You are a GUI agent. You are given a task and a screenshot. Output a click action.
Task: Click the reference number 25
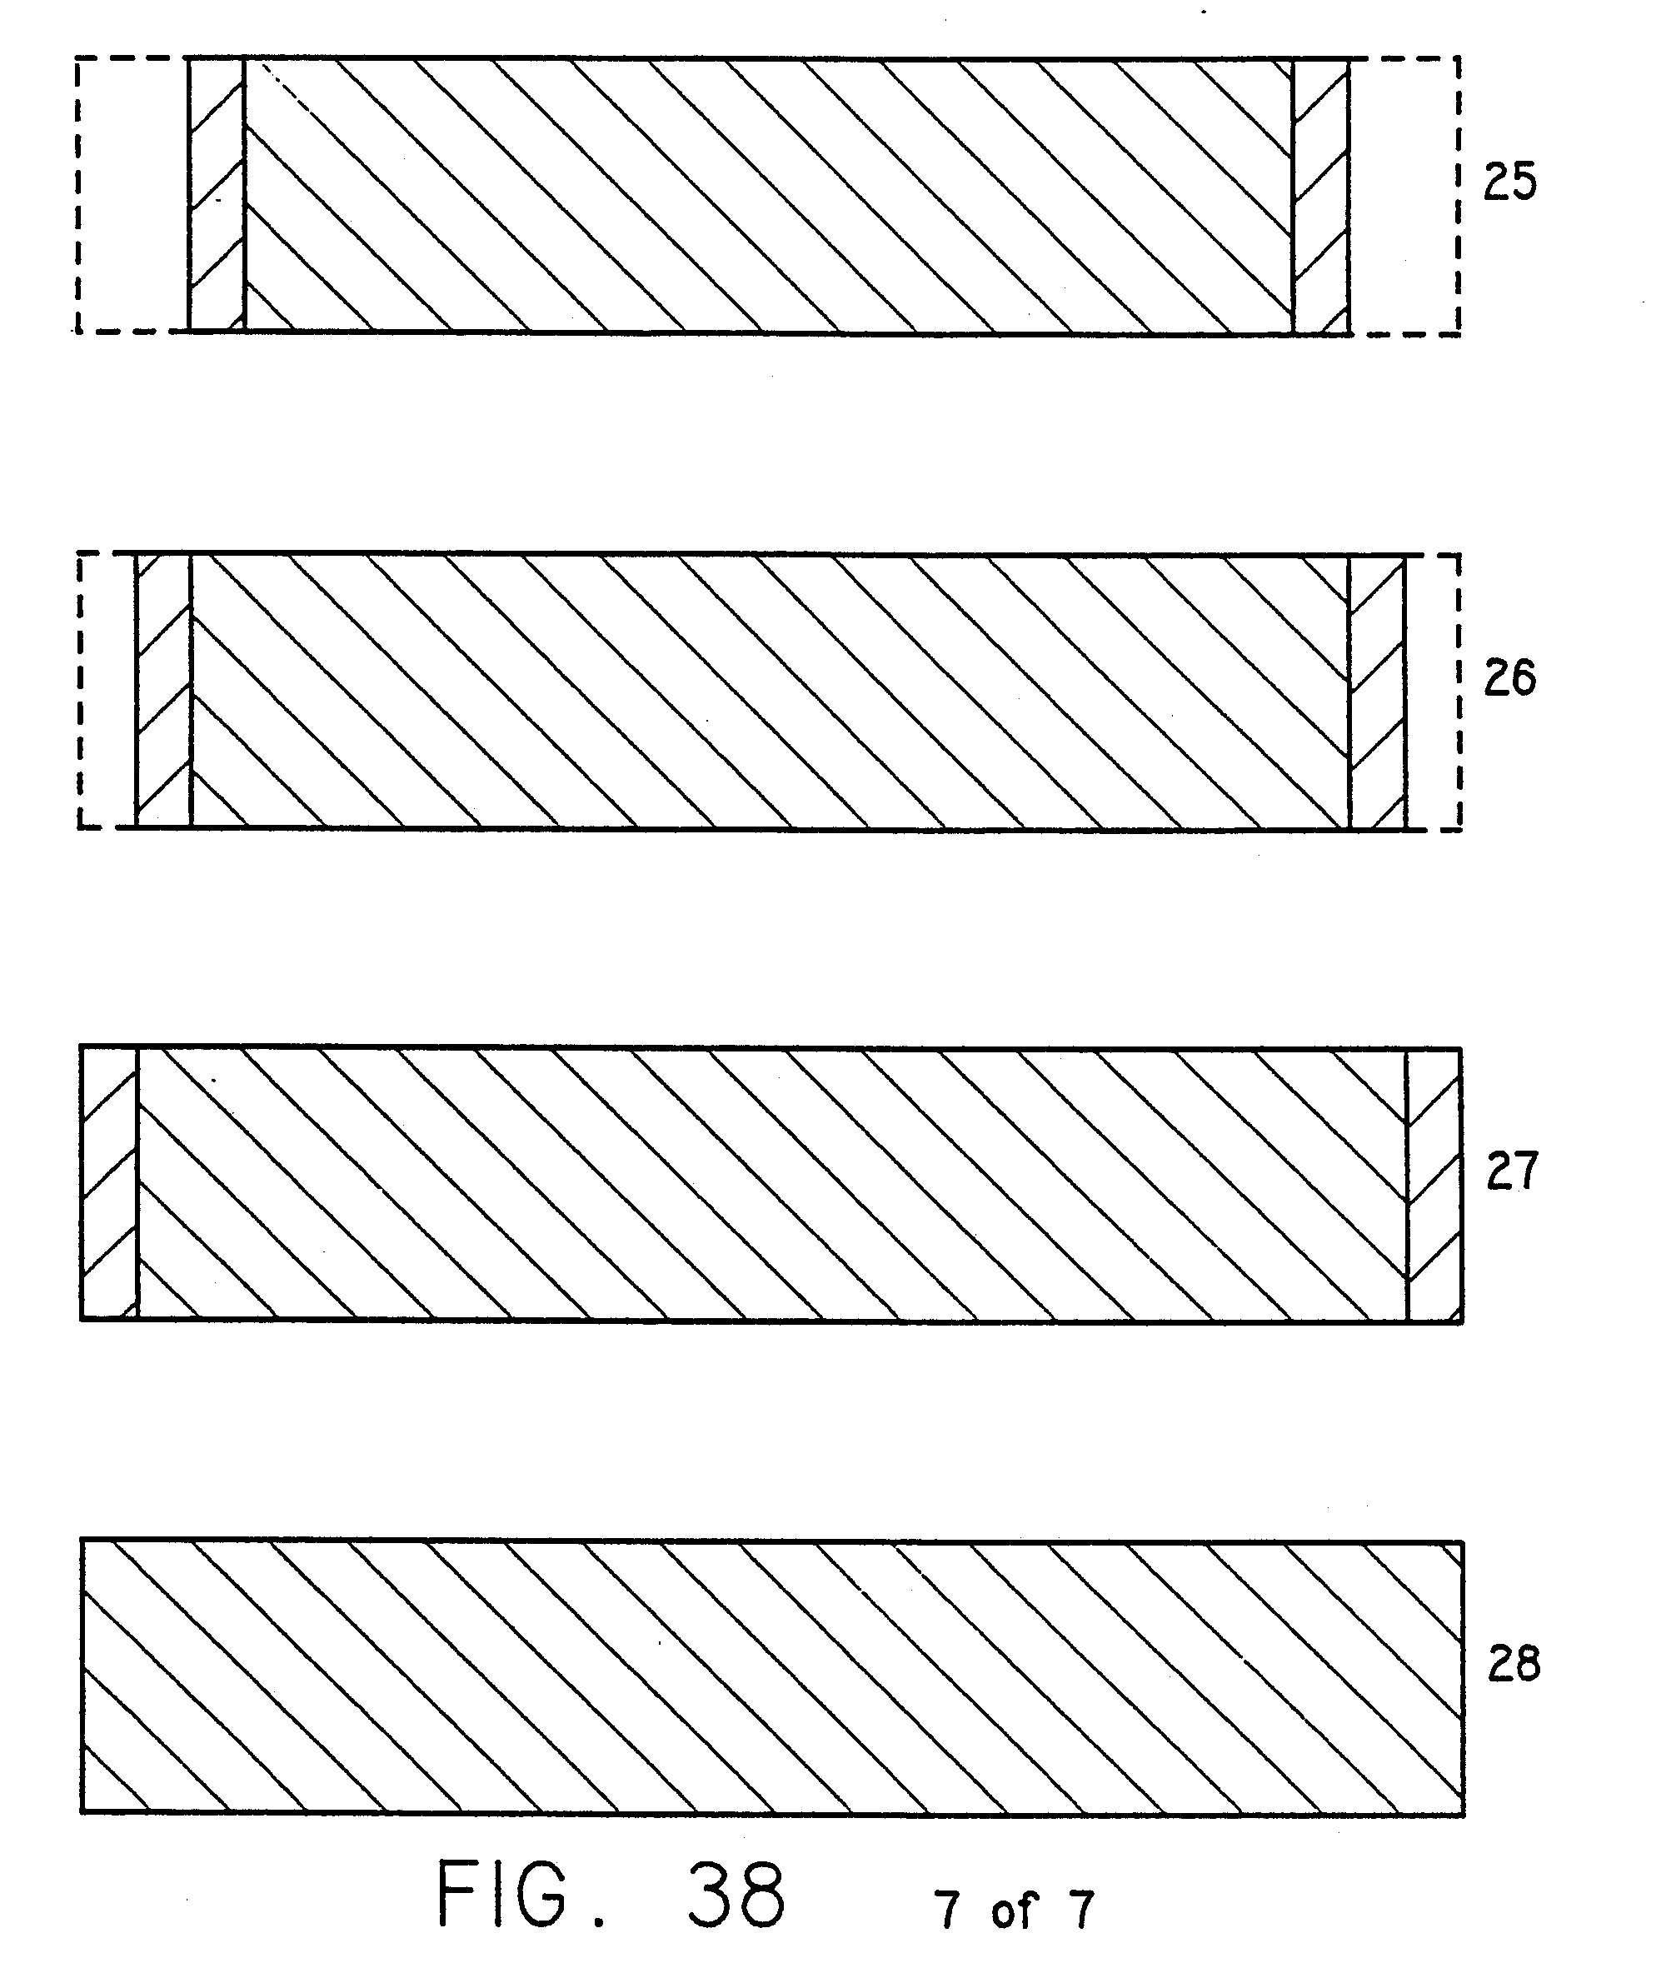1509,182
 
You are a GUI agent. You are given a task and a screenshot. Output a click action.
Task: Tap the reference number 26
1509,678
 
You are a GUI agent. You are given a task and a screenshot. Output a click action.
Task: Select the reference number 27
1512,1171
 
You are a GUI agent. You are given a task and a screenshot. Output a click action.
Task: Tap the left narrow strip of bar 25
217,196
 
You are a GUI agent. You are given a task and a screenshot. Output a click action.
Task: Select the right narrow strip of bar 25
1320,196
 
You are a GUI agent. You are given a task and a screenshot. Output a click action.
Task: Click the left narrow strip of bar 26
163,692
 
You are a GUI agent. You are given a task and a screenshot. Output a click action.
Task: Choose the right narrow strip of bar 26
1377,692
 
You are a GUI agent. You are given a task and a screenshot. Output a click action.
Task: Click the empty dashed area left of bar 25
132,196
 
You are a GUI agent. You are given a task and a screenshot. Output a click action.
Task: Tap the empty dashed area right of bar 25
1404,196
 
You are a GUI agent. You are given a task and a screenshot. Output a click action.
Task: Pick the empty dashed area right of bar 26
1432,692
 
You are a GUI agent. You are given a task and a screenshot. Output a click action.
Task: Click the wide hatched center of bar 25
768,196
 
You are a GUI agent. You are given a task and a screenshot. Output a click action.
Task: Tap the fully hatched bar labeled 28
771,1676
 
